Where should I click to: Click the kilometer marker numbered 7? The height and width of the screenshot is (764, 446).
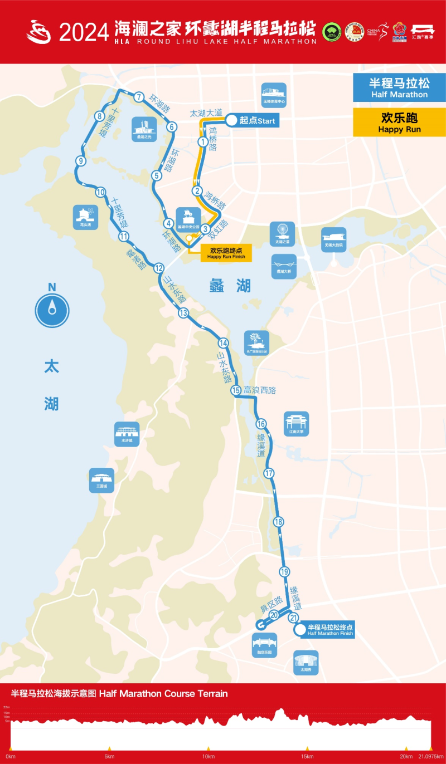click(x=139, y=96)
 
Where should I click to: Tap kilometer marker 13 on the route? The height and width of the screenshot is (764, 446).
click(x=183, y=313)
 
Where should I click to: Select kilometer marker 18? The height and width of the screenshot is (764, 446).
click(x=279, y=522)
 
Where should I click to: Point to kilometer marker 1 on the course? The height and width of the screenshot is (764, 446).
click(x=203, y=142)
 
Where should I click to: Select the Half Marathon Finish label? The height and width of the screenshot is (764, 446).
click(x=329, y=630)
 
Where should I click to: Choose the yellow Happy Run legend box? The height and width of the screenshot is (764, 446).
click(x=399, y=122)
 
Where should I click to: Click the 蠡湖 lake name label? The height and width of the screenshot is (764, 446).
click(x=230, y=286)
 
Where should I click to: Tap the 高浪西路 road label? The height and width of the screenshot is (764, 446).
click(x=260, y=390)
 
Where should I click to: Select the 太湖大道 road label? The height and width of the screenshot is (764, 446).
click(x=206, y=113)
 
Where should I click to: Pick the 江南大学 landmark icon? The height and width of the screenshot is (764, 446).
click(x=296, y=423)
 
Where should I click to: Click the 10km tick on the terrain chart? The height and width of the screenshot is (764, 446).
click(x=209, y=756)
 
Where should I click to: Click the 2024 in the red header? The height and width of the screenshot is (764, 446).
click(x=84, y=32)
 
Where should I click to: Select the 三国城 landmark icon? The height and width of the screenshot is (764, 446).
click(x=101, y=479)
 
